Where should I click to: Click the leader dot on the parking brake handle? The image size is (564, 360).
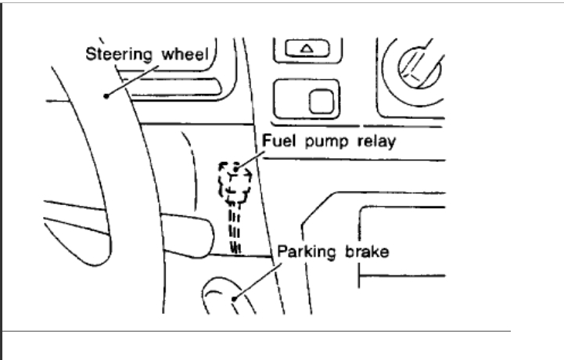click(x=234, y=297)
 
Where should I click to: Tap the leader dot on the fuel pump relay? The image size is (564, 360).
click(x=235, y=169)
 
